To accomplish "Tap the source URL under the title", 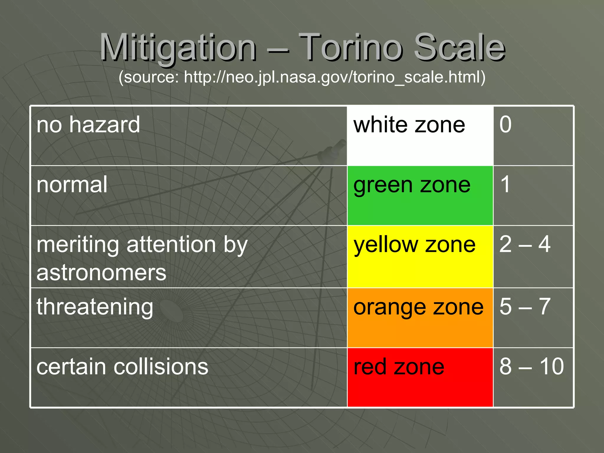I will point(302,77).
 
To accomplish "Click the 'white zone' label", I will point(409,125).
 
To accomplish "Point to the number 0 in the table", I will point(505,124).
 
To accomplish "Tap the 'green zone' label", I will point(412,185).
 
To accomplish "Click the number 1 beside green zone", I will point(505,184).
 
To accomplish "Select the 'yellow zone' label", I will point(414,245).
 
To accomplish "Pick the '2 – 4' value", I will point(525,244).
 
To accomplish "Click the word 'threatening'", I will point(95,307).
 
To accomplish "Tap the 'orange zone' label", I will point(418,307).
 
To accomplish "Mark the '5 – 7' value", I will point(525,307).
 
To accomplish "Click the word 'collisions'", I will point(161,367).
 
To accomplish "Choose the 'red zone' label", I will point(399,367).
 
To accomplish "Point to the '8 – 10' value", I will point(531,367).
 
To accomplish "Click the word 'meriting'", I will point(78,244).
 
